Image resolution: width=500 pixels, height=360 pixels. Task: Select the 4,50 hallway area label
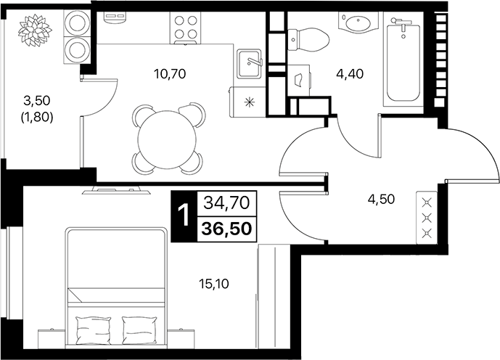pyautogui.click(x=381, y=200)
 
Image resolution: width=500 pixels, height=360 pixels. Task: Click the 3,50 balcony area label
pyautogui.click(x=37, y=100)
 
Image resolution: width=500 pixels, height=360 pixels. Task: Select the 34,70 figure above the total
pyautogui.click(x=229, y=203)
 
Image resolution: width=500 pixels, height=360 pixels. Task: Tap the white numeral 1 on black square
pyautogui.click(x=183, y=216)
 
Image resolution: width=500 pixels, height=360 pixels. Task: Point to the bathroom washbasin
pyautogui.click(x=358, y=22)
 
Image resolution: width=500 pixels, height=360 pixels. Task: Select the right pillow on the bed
pyautogui.click(x=140, y=325)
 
